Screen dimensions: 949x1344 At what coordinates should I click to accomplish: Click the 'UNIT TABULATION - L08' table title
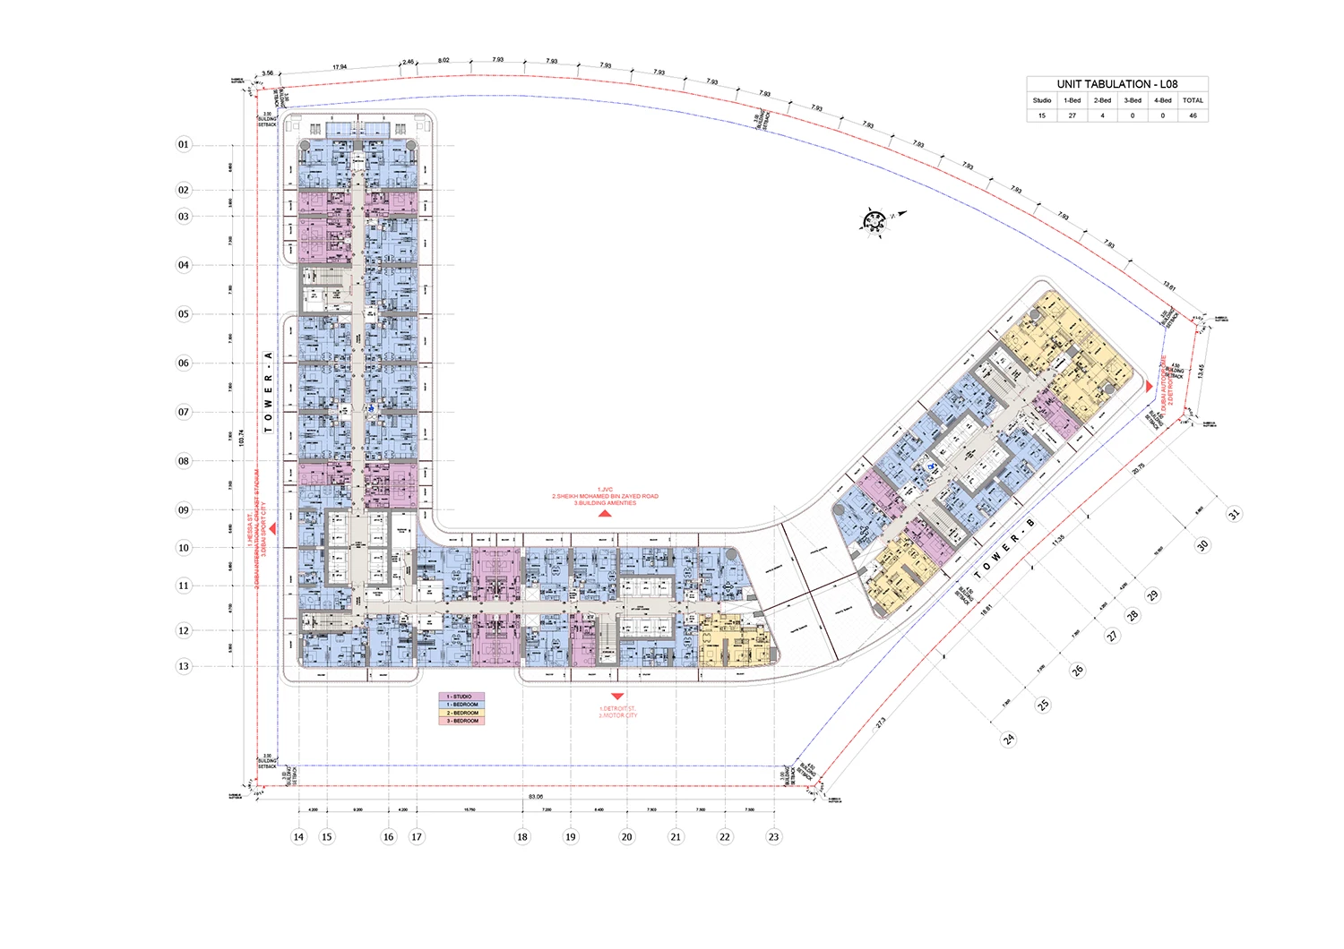[1116, 84]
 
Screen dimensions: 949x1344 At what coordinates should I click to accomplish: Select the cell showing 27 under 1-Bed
[1072, 115]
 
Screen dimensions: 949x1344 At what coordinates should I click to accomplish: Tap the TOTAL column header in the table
[1193, 100]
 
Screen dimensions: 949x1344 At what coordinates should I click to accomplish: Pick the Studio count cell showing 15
[1041, 115]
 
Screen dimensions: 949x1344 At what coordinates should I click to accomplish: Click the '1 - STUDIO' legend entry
[461, 697]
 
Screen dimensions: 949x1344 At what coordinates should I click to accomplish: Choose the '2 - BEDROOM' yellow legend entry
[461, 713]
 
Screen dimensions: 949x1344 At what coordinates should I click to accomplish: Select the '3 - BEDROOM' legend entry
[461, 721]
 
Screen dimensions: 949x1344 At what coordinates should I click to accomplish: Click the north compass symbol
[874, 220]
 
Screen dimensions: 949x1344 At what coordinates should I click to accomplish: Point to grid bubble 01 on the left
[184, 144]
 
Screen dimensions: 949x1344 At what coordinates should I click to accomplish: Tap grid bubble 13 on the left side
[184, 666]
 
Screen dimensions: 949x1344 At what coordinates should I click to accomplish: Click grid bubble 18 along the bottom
[522, 837]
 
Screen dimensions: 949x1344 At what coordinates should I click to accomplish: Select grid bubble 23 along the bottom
[773, 837]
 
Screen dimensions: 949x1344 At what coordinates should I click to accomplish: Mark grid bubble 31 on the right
[1234, 514]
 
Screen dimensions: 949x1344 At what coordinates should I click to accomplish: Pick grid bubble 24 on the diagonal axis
[1009, 740]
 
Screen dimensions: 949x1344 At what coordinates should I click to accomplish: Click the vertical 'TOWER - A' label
[268, 392]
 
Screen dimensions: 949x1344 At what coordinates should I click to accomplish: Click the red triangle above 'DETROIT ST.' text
[616, 697]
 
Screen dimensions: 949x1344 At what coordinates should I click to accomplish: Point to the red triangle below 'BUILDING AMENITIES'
[605, 514]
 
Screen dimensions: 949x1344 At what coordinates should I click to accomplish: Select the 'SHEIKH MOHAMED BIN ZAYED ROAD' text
[605, 496]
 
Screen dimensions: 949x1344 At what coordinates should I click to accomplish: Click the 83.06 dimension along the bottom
[536, 796]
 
